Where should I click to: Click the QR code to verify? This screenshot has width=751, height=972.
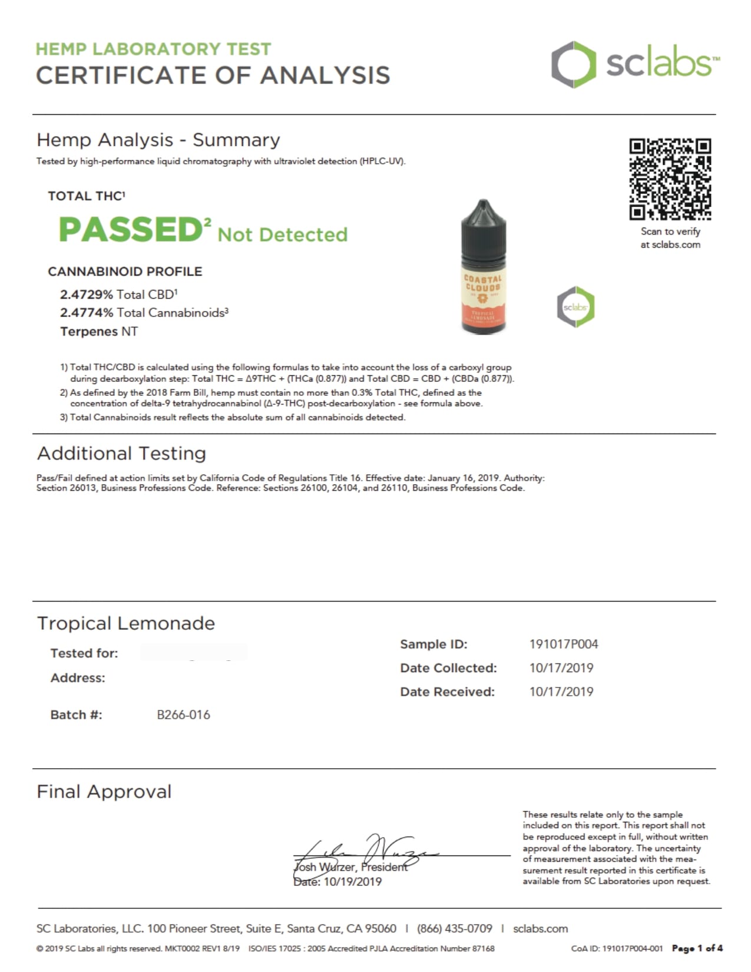click(670, 178)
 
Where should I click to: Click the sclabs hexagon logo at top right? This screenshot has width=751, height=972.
click(570, 65)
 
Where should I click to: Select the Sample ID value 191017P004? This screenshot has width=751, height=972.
click(563, 644)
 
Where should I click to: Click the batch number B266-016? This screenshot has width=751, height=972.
click(183, 715)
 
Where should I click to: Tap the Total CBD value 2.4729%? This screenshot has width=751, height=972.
click(87, 294)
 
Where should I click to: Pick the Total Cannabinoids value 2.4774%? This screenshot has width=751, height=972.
click(87, 313)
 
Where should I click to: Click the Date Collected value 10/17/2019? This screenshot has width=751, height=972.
click(561, 668)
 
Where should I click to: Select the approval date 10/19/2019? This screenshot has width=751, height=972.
click(352, 882)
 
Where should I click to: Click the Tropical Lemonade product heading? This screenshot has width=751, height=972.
click(126, 623)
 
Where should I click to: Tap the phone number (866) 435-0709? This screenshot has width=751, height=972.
click(454, 928)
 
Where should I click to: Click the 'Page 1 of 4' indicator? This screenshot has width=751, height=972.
click(697, 948)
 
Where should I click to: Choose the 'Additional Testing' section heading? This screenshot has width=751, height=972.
click(121, 453)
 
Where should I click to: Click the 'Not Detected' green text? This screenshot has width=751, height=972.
click(283, 234)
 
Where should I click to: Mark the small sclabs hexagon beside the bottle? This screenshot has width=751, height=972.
click(575, 307)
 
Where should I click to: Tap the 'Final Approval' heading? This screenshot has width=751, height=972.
click(104, 791)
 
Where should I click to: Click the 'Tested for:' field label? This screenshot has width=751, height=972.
click(84, 653)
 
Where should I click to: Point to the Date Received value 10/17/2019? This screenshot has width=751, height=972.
click(561, 692)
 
